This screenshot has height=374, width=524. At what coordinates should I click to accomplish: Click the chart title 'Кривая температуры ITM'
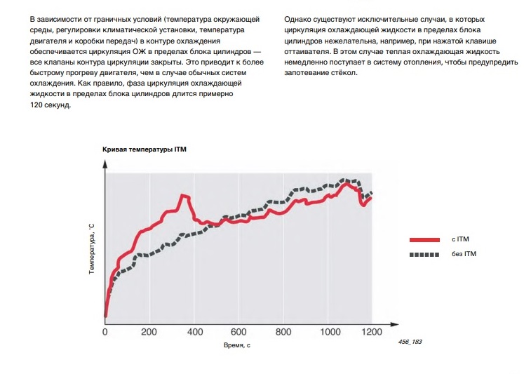[x=145, y=149]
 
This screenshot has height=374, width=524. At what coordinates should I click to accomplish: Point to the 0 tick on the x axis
[x=105, y=332]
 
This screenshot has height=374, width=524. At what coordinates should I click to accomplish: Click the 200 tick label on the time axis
[x=149, y=332]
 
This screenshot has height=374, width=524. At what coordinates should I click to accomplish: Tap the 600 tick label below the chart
[x=239, y=332]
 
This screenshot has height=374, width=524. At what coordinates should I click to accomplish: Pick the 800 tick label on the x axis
[x=283, y=332]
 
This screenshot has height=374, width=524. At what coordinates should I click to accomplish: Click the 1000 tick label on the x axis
[x=328, y=332]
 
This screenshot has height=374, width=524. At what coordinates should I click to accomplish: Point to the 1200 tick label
[x=372, y=332]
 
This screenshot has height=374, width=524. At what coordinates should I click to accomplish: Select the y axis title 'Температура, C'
[x=91, y=249]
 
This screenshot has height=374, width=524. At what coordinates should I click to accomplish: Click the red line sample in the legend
[x=424, y=239]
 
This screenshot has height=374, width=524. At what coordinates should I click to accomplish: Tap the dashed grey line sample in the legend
[x=424, y=253]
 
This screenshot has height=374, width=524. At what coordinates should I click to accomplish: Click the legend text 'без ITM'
[x=464, y=253]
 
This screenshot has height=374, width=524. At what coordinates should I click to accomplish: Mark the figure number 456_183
[x=412, y=341]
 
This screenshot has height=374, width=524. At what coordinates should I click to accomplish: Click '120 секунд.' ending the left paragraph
[x=51, y=105]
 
